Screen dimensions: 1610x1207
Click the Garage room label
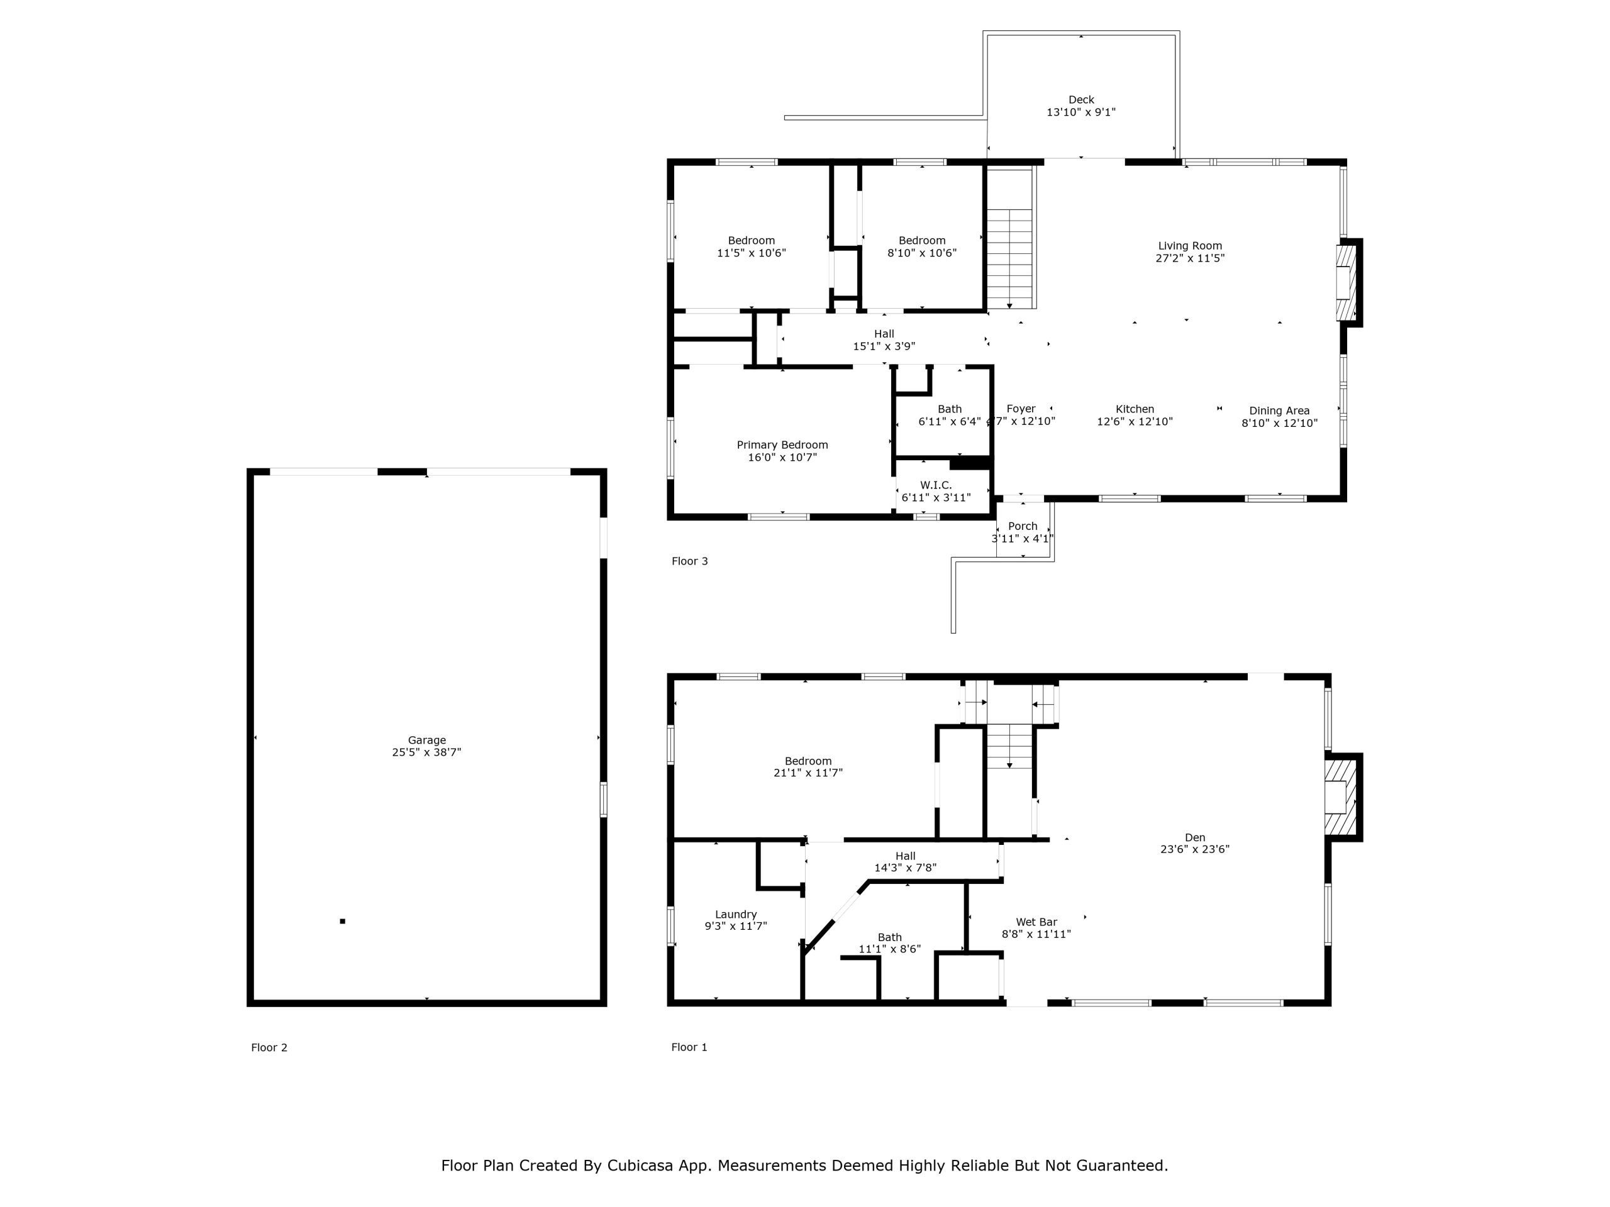pos(426,740)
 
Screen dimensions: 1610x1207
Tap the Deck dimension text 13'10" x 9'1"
pos(1081,113)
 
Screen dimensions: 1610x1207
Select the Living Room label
pos(1190,246)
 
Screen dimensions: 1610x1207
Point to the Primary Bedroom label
pos(782,445)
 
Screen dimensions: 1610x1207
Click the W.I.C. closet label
pos(936,485)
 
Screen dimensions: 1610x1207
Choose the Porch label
pos(1023,526)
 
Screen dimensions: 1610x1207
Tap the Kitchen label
pos(1135,409)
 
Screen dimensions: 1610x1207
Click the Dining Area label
pos(1280,411)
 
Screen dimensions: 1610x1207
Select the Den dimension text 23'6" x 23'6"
pos(1195,849)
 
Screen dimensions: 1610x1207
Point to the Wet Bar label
pos(1036,922)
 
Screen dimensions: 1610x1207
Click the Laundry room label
pos(736,915)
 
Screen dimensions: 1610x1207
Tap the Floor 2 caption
pos(269,1048)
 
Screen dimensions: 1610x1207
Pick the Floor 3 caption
pos(689,561)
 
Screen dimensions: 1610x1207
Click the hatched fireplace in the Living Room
pos(1346,283)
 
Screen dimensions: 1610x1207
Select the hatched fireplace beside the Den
pos(1341,797)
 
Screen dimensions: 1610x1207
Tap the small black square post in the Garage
pos(343,922)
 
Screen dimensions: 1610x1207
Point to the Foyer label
pos(1021,409)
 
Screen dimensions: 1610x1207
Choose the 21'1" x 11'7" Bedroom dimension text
pos(808,773)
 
